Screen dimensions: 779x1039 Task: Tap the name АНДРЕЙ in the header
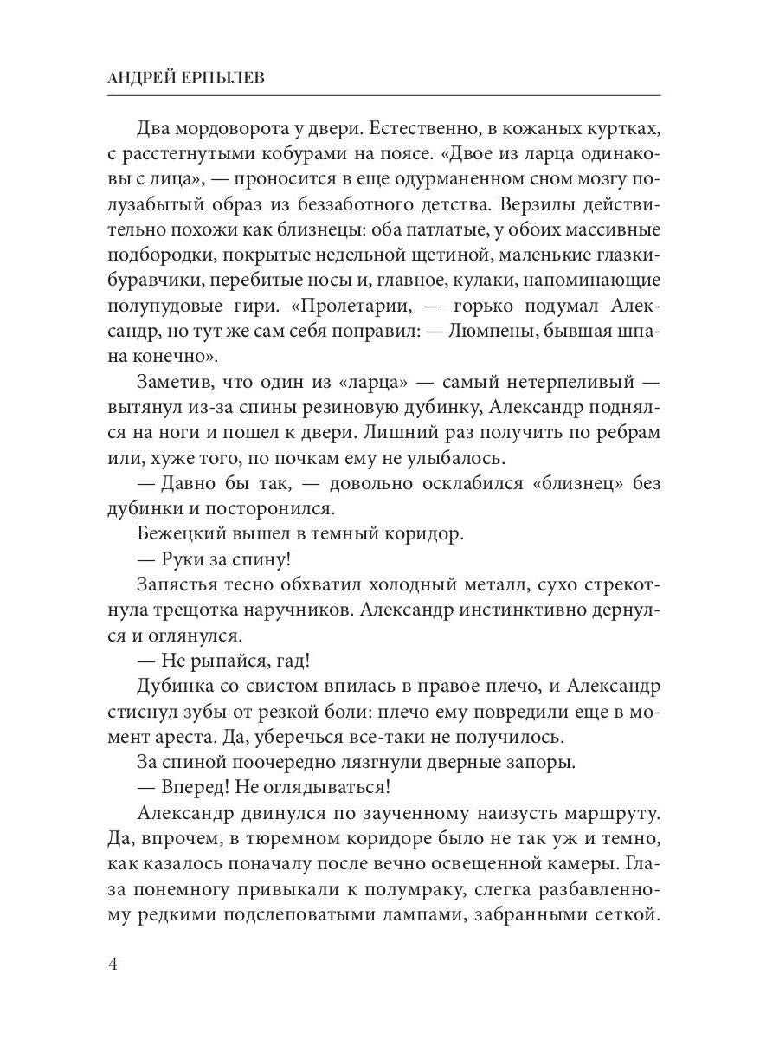(x=140, y=78)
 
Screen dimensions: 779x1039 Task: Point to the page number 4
(x=114, y=965)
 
